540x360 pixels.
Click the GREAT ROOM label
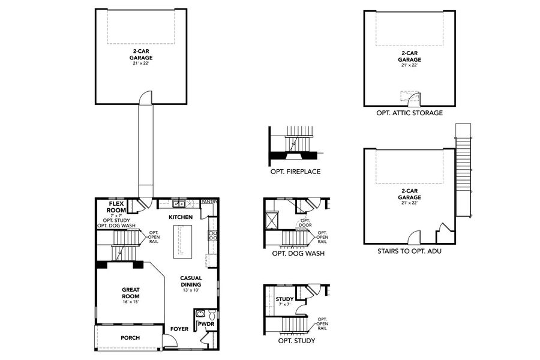[130, 292]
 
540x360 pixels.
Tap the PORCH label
[130, 338]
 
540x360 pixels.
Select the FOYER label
[179, 329]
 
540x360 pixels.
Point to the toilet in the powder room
[211, 313]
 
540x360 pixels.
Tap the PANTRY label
[209, 202]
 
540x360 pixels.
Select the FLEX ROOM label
[116, 208]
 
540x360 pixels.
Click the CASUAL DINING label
[191, 281]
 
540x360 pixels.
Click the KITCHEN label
[180, 217]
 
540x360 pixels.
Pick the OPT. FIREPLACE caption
[295, 172]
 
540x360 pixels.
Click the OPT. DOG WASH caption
[298, 253]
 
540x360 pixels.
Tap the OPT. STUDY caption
[296, 341]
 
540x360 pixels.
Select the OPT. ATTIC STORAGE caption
[409, 113]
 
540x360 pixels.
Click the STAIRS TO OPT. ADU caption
[409, 251]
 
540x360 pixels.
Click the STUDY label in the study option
[284, 299]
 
